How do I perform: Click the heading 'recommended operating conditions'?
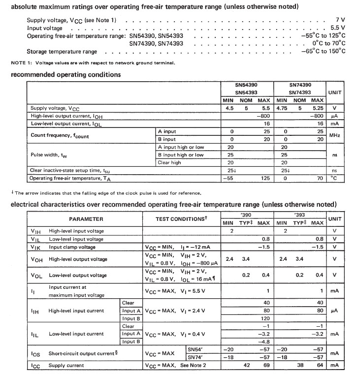pyautogui.click(x=65, y=75)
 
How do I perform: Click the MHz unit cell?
pyautogui.click(x=334, y=135)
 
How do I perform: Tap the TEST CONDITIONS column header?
pyautogui.click(x=180, y=218)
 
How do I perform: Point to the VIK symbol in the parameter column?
pyautogui.click(x=36, y=247)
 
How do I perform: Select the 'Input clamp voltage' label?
pyautogui.click(x=72, y=247)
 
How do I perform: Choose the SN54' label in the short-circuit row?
pyautogui.click(x=196, y=349)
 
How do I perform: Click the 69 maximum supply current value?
pyautogui.click(x=264, y=366)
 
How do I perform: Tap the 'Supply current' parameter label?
pyautogui.click(x=66, y=366)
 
